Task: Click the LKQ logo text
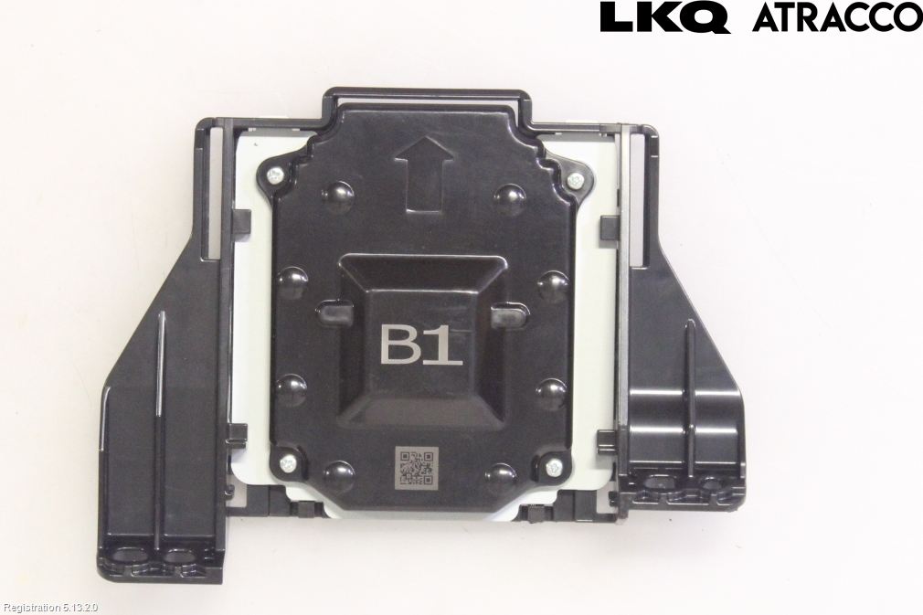tap(665, 17)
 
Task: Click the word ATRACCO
tap(837, 17)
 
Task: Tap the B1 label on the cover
tap(421, 345)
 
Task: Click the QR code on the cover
tap(417, 465)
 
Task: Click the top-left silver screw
tap(274, 175)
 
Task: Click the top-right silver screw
tap(575, 180)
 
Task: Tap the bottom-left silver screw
tap(288, 463)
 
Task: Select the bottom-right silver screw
tap(553, 468)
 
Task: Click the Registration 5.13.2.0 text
tap(50, 608)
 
